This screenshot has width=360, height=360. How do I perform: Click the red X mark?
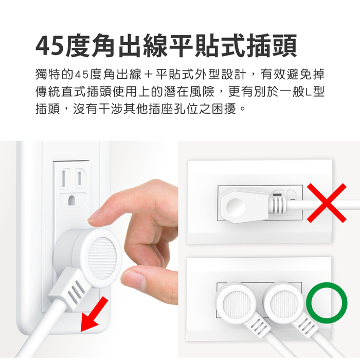(327, 203)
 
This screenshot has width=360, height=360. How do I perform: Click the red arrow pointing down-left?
(94, 314)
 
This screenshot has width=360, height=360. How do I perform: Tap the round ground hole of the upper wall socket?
(72, 201)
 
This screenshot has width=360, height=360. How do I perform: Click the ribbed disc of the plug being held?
(102, 258)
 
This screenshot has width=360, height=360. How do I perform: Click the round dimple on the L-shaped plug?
(236, 206)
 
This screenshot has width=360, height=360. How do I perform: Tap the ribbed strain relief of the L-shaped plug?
(278, 206)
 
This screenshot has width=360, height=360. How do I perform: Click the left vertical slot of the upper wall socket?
(65, 178)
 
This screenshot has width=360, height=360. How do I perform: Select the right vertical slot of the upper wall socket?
(80, 178)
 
